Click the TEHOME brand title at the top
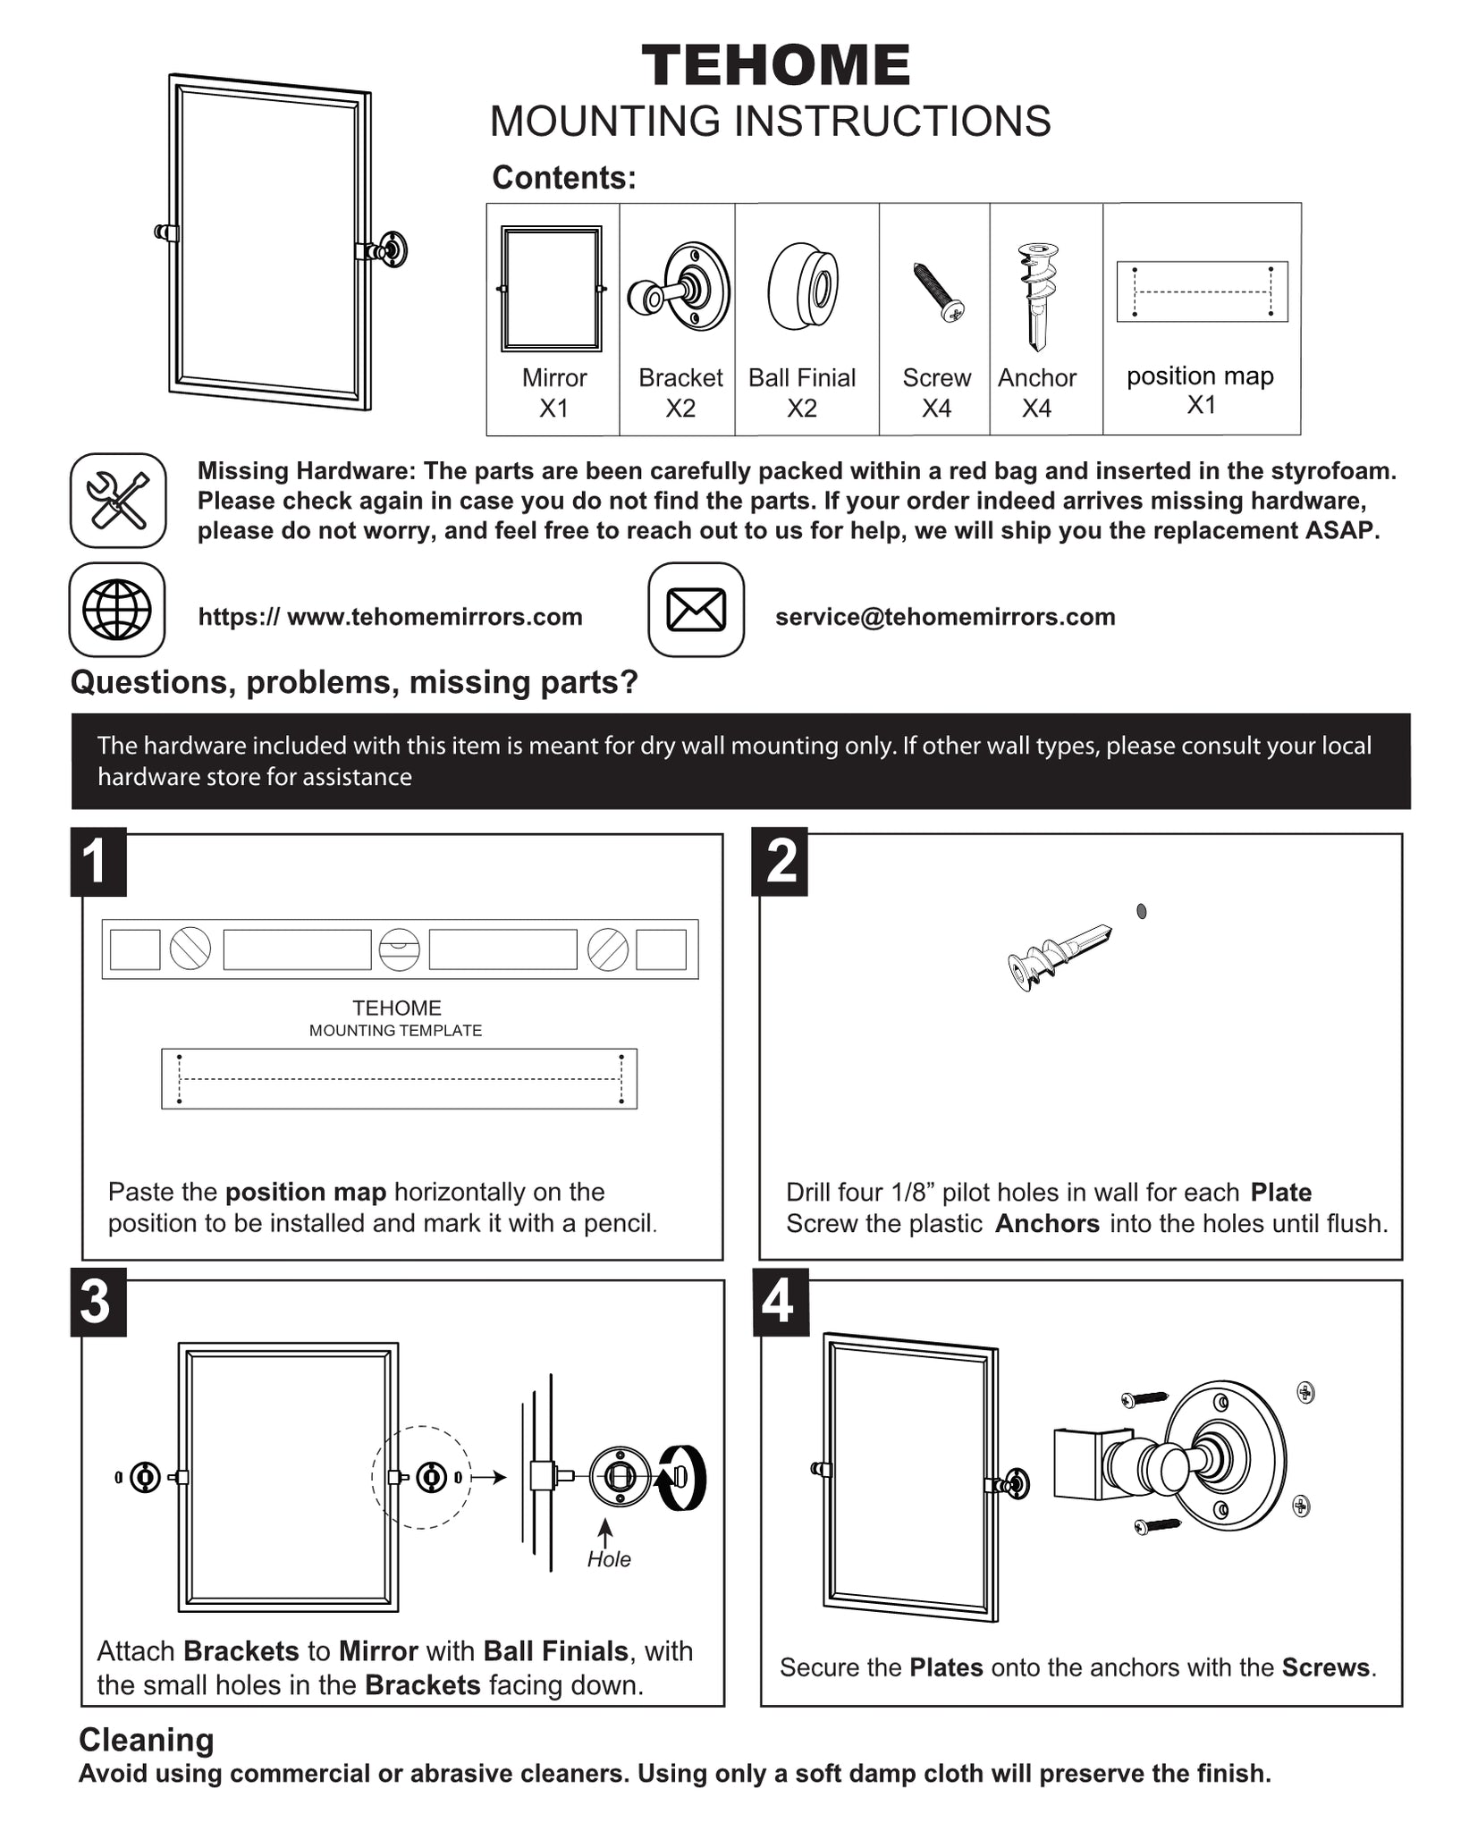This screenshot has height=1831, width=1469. tap(775, 66)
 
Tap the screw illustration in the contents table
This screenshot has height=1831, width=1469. tap(938, 291)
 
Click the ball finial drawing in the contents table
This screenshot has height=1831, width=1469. tap(803, 286)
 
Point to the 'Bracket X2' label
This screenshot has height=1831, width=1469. tap(680, 392)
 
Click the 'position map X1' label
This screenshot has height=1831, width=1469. tap(1201, 390)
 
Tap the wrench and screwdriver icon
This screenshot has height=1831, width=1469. tap(118, 500)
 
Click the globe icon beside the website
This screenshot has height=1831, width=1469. tap(117, 610)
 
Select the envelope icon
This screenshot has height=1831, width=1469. tap(697, 610)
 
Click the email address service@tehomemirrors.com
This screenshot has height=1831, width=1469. tap(945, 617)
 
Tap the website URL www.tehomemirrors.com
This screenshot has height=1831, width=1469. tap(391, 617)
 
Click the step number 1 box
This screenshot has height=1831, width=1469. tap(97, 862)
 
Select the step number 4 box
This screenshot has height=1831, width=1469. tap(780, 1302)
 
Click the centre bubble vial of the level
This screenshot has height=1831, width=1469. tap(399, 949)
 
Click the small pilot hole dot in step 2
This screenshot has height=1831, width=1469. tap(1141, 911)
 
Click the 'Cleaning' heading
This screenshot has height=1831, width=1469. tap(147, 1740)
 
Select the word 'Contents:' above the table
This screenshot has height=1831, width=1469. tap(564, 177)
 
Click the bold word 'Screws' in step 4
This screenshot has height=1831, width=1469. tap(1326, 1667)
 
